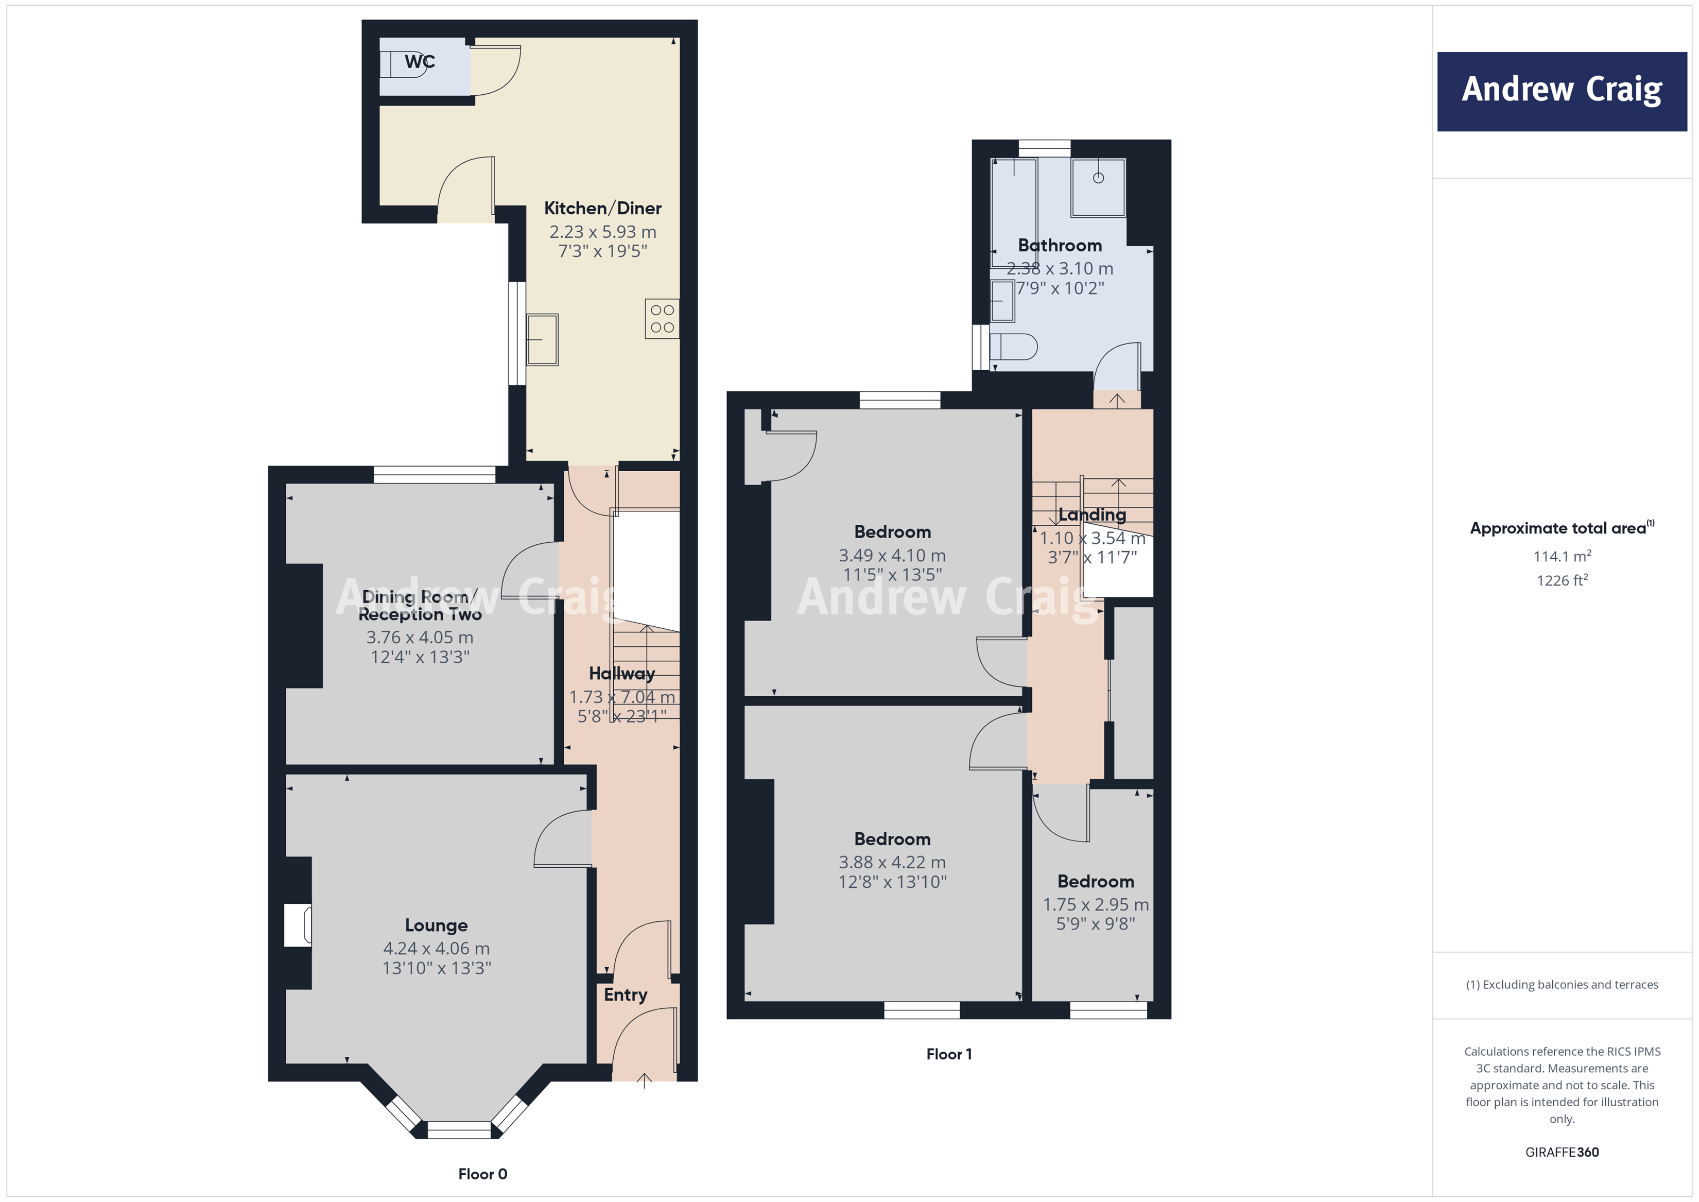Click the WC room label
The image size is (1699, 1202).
pos(420,61)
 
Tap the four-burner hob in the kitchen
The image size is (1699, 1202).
pos(662,318)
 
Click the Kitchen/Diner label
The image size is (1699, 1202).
pos(602,208)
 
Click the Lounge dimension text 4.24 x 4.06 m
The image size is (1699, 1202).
pos(436,948)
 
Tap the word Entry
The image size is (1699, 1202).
pos(626,995)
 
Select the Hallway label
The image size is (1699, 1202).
pos(621,674)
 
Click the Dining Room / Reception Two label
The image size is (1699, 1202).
pos(420,606)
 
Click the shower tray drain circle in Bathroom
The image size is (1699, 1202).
pos(1098,178)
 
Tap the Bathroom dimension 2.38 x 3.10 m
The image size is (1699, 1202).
pos(1060,269)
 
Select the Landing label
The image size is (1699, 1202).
pos(1092,514)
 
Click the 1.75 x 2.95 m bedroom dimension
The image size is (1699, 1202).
pos(1095,904)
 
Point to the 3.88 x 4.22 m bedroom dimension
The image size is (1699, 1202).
pos(892,862)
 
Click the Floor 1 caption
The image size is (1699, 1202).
pos(949,1054)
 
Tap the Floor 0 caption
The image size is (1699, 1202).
pos(482,1174)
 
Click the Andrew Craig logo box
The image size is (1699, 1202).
pos(1562,91)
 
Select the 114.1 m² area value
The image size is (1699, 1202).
pos(1562,556)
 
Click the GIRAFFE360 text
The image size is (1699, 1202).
pos(1562,1152)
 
